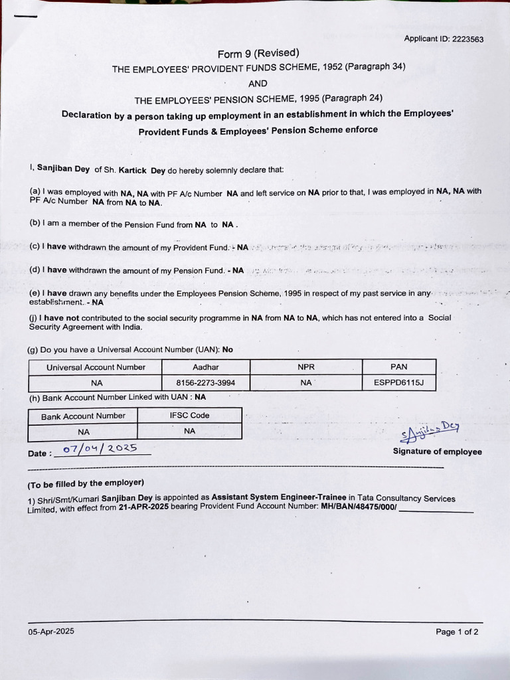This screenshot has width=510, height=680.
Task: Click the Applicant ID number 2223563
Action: (467, 39)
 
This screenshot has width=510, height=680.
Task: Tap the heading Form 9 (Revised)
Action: (258, 53)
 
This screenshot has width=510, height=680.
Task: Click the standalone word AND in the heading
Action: (258, 84)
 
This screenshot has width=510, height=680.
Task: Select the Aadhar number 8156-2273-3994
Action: (205, 383)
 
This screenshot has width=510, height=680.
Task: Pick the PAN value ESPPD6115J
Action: (399, 383)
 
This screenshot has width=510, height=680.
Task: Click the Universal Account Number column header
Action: (96, 367)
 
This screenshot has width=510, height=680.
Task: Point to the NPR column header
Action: (306, 367)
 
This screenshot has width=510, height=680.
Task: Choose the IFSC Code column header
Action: (189, 416)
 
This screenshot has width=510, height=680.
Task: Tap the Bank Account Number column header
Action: (83, 416)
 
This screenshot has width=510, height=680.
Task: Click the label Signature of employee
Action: (437, 452)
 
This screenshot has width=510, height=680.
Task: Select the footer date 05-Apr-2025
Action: (51, 632)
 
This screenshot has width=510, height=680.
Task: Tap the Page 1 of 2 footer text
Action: (457, 632)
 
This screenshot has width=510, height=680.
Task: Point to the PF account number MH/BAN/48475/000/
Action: (359, 507)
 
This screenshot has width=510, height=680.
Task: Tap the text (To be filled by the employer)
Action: (86, 483)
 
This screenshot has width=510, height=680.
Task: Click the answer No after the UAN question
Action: (228, 349)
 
